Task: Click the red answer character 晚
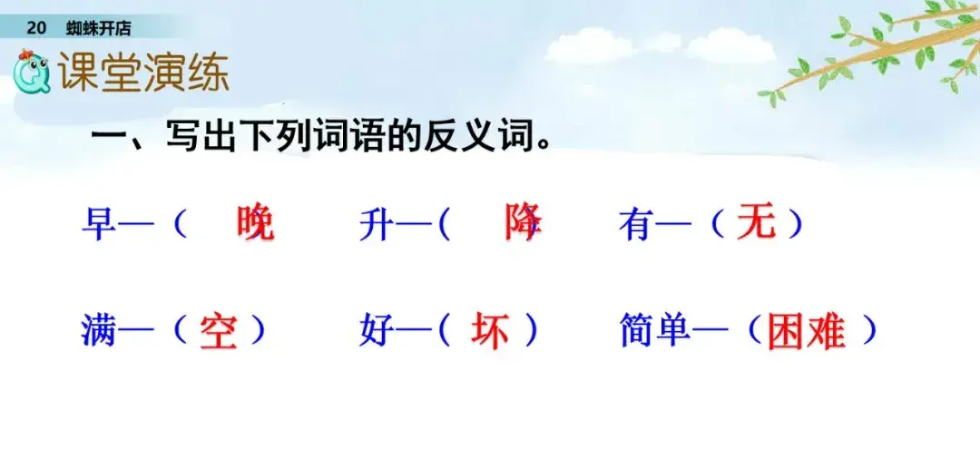(256, 223)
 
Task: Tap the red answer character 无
(756, 223)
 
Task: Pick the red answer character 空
(219, 331)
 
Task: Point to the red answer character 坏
(490, 330)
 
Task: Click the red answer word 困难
(807, 331)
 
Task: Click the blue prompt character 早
(100, 224)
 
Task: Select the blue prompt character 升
(377, 224)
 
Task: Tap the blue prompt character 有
(636, 224)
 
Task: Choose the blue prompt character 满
(100, 332)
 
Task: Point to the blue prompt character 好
(377, 332)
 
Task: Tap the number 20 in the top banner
(37, 28)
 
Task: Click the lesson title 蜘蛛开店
(99, 28)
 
